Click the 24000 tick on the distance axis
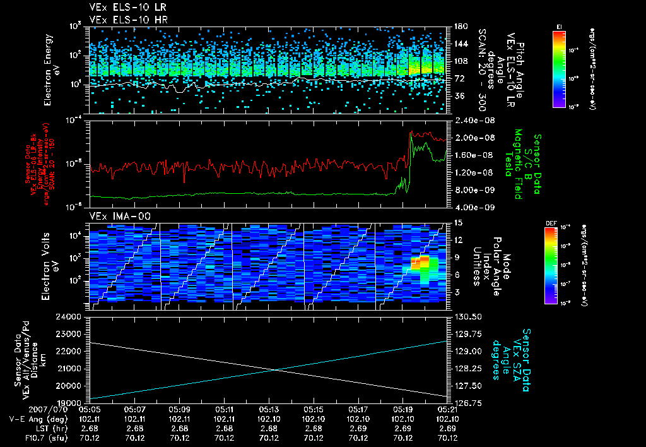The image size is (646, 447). [x=71, y=316]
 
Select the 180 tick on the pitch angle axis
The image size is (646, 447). [x=459, y=27]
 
